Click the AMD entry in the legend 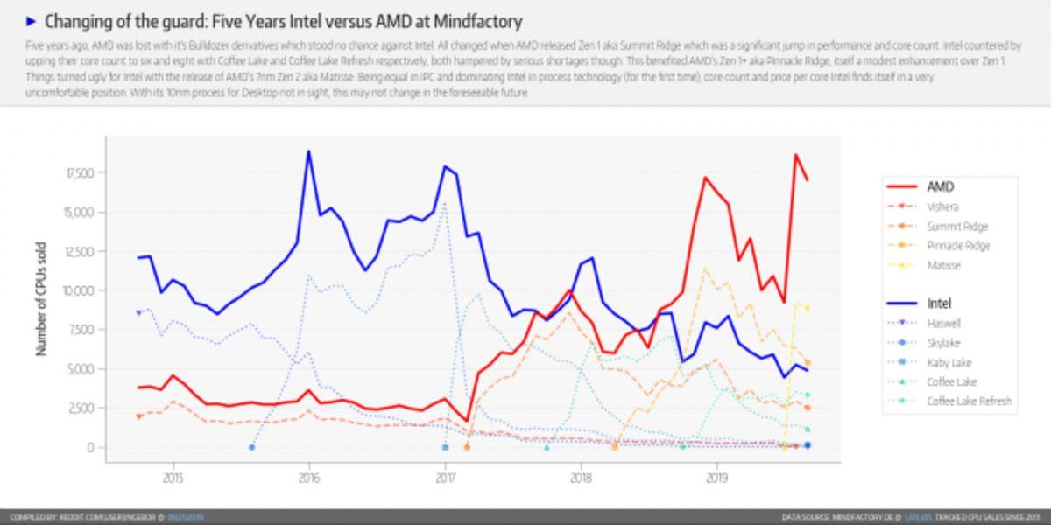[940, 186]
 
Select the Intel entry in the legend [939, 304]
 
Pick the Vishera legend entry [944, 206]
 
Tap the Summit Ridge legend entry [956, 226]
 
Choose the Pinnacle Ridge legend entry [958, 245]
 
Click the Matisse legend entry [943, 264]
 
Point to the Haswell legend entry [945, 324]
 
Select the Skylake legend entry [944, 343]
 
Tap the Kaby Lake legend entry [949, 362]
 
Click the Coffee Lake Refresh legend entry [970, 401]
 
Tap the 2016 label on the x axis [308, 478]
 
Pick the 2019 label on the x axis [716, 478]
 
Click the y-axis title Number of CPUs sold [40, 299]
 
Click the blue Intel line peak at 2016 [308, 151]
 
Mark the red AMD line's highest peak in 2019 [795, 155]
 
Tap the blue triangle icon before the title [32, 20]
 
